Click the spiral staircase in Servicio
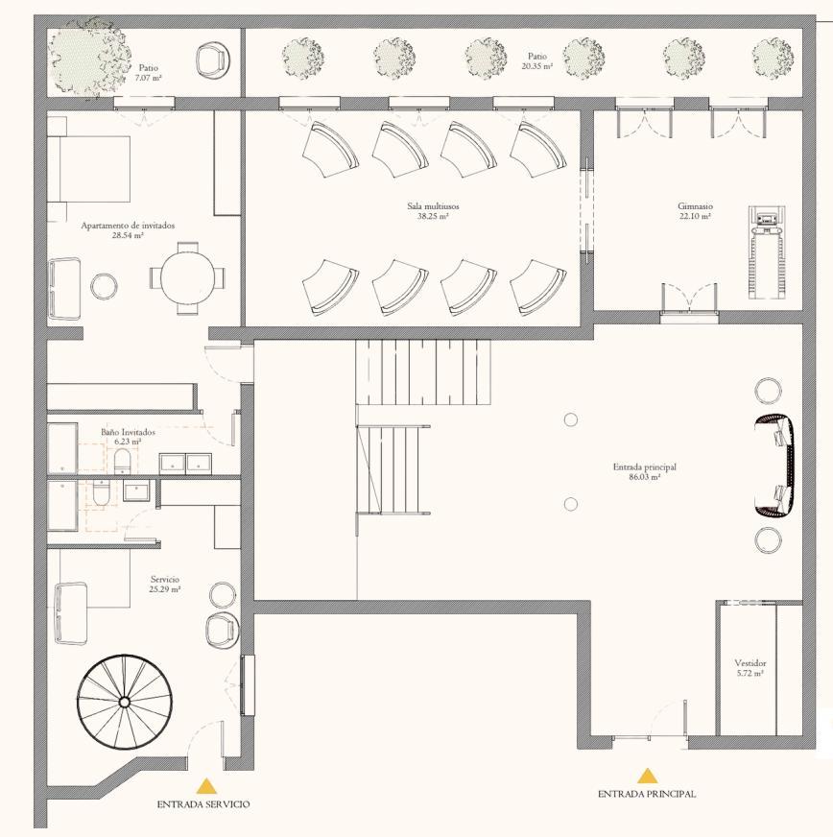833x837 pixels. coord(125,701)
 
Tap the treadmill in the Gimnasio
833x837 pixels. coord(766,252)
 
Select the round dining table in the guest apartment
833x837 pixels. coord(187,277)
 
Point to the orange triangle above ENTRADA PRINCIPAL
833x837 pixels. coord(647,775)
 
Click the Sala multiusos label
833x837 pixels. coord(433,206)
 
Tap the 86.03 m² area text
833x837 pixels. coord(645,477)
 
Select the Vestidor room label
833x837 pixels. coord(750,663)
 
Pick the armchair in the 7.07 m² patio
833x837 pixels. coord(213,59)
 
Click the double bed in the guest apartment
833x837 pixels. coord(89,169)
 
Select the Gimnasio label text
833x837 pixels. coord(696,206)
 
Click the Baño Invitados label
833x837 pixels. coord(128,432)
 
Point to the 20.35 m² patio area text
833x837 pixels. coord(537,66)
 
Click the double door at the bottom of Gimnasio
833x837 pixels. coord(689,303)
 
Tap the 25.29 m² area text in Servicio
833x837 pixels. coord(165,589)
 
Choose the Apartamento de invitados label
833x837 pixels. coord(128,226)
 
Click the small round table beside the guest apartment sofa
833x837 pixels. coord(104,287)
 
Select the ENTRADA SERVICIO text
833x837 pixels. coord(203,804)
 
